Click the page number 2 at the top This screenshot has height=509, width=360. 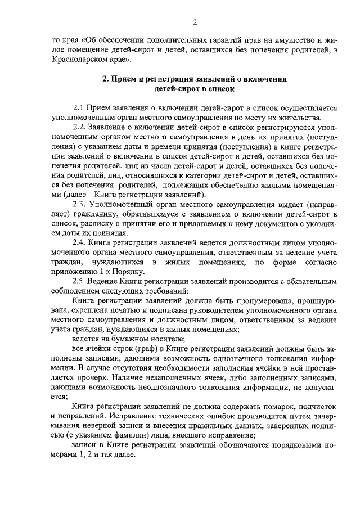(194, 22)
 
